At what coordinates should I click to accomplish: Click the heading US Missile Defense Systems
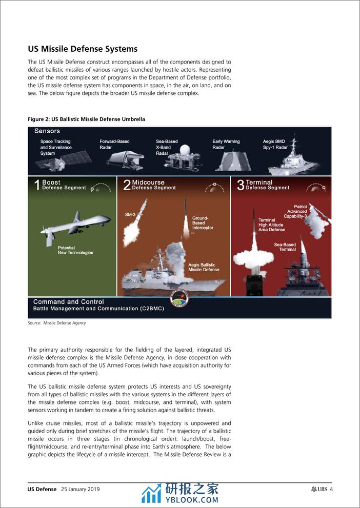click(83, 49)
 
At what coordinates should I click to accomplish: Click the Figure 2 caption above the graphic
click(86, 119)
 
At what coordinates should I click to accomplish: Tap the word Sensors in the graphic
click(47, 131)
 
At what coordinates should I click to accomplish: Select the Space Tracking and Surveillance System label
click(56, 147)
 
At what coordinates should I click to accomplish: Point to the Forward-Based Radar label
click(114, 144)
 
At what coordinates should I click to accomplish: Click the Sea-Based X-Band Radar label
click(167, 147)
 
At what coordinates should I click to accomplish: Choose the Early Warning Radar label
click(226, 144)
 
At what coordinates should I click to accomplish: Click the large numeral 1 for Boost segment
click(36, 186)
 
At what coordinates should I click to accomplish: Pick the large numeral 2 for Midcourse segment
click(126, 186)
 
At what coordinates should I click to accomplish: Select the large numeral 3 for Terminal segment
click(240, 186)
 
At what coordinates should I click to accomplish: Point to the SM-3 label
click(130, 214)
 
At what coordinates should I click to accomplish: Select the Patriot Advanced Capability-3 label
click(297, 211)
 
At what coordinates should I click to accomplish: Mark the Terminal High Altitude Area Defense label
click(272, 225)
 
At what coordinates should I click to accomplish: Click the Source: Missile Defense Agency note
click(57, 323)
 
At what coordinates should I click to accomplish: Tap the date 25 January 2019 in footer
click(80, 489)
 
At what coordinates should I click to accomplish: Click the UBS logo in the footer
click(318, 489)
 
